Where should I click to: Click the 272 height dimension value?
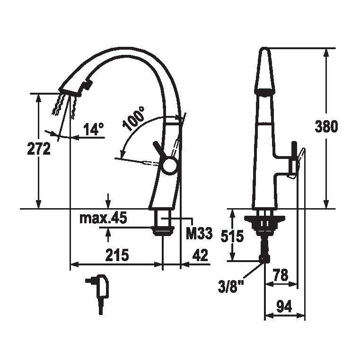pos(39,149)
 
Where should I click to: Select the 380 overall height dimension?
pos(326,126)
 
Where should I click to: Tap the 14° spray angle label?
pos(94,129)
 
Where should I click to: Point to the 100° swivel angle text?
pos(133,118)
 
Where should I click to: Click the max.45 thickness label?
pos(103,218)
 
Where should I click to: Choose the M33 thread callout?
pos(199,234)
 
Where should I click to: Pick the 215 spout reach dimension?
pos(117,255)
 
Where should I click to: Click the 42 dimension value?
pos(200,255)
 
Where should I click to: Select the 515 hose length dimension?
pos(232,236)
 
